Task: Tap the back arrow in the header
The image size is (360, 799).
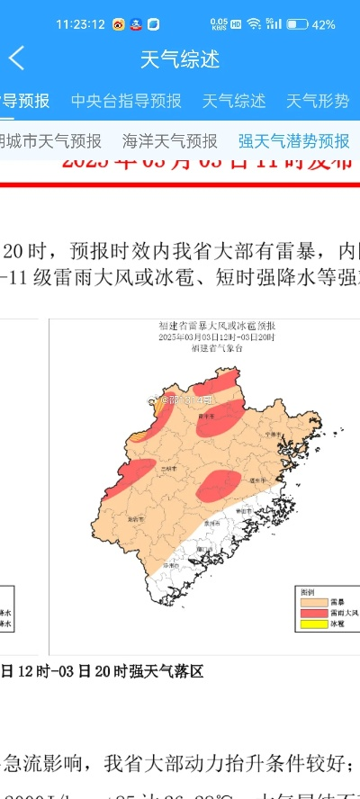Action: coord(16,59)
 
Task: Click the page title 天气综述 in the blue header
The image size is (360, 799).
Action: coord(179,59)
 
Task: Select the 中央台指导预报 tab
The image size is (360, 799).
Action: coord(126,101)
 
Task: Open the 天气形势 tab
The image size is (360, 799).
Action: coord(317,101)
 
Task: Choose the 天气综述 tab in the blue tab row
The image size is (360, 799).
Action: coord(234,101)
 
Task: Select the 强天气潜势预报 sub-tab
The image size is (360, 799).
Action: coord(293,141)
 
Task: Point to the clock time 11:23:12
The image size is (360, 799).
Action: coord(80,24)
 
